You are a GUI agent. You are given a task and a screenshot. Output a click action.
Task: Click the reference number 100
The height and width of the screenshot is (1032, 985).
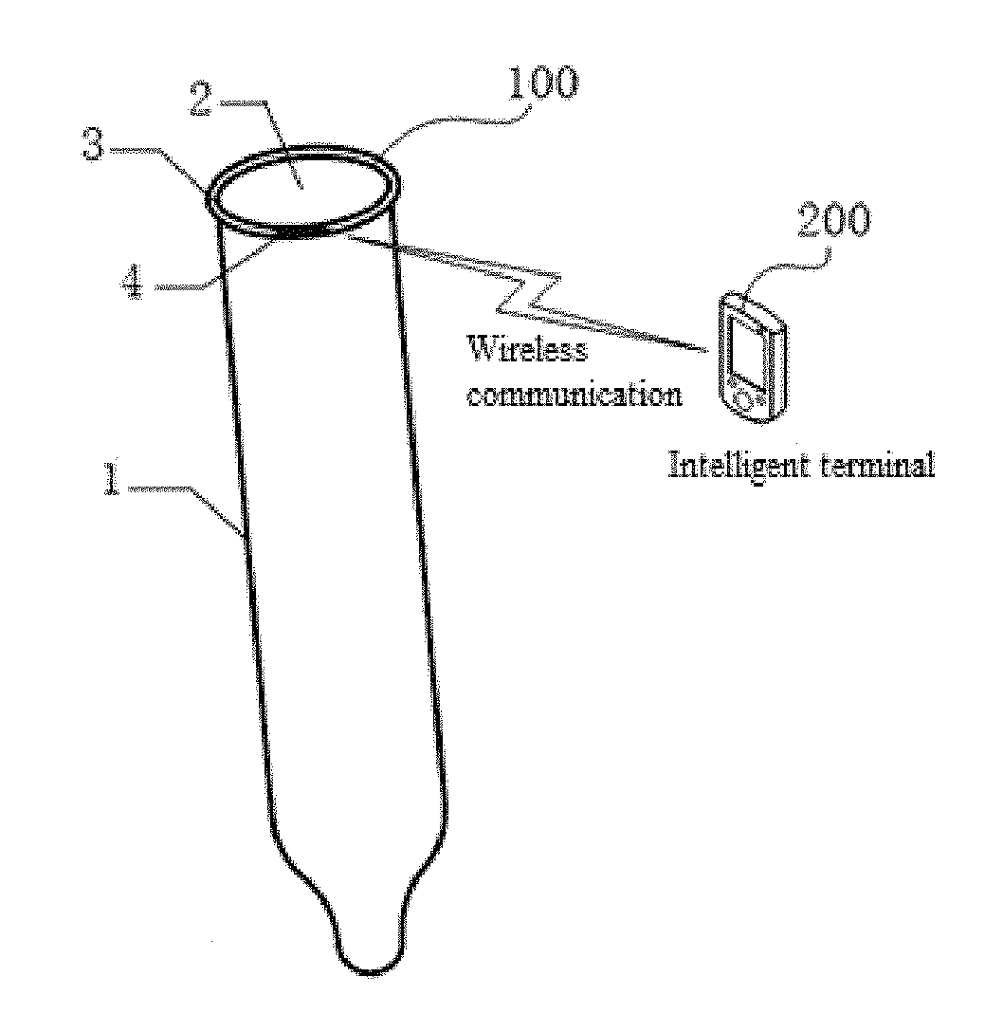pos(542,86)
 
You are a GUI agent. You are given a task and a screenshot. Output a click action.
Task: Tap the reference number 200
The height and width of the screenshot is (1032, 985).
pos(833,222)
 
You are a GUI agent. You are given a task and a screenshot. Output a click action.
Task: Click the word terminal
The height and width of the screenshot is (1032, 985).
pos(873,465)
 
